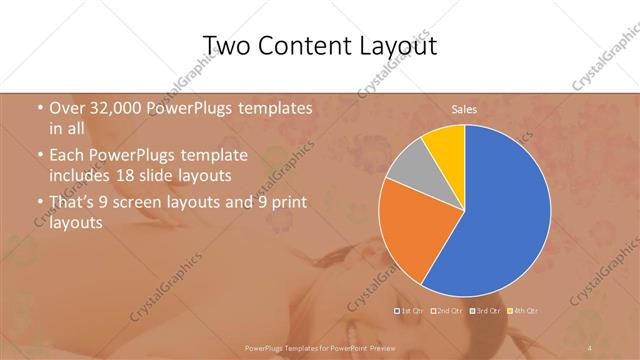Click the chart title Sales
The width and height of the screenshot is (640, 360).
tap(464, 108)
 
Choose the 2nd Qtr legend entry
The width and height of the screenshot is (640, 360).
tap(446, 311)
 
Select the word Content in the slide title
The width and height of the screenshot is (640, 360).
tap(309, 47)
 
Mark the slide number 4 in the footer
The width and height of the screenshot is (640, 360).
tap(590, 347)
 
